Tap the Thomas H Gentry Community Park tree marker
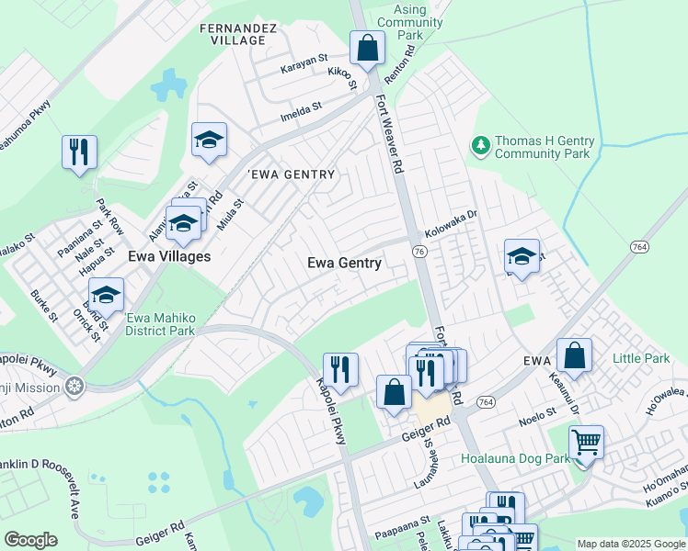tap(479, 144)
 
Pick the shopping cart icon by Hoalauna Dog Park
tap(586, 444)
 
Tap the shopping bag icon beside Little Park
tap(574, 357)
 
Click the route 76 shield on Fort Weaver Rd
tap(419, 252)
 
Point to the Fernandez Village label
tap(238, 35)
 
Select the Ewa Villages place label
tap(169, 256)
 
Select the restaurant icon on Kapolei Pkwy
tap(340, 369)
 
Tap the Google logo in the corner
tap(30, 539)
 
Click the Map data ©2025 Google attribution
tap(631, 544)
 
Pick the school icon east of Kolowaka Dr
tap(522, 257)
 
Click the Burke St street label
tap(44, 306)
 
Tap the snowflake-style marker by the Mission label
tap(74, 386)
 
